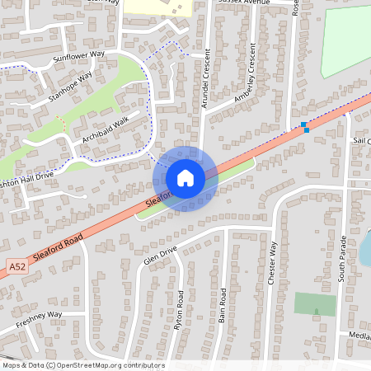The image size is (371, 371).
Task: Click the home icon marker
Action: [x=185, y=178]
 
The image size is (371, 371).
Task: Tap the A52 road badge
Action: [x=18, y=266]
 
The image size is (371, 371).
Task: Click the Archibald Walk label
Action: [x=105, y=129]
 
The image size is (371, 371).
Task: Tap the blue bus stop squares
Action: [x=305, y=127]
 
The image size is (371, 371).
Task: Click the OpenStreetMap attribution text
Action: [x=82, y=365]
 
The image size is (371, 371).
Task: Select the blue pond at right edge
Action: [x=364, y=247]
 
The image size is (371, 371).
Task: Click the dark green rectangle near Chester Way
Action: [x=315, y=304]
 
